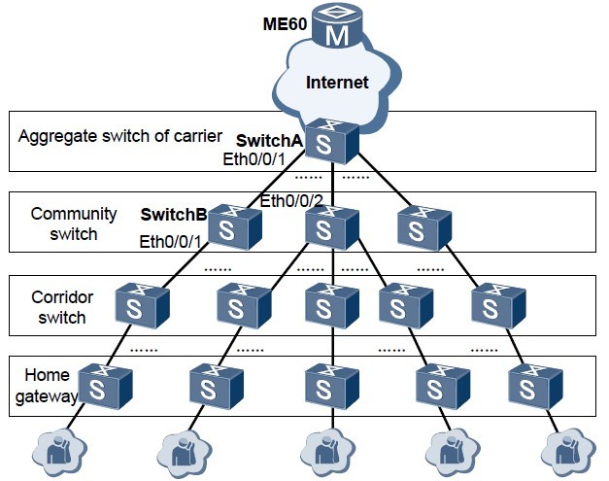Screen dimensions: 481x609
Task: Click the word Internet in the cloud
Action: (337, 83)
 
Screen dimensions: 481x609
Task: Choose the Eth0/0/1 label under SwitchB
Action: (170, 242)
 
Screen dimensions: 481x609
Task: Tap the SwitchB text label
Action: (173, 214)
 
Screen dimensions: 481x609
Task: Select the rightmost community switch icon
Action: (423, 229)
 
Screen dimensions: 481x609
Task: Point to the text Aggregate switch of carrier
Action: (120, 134)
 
